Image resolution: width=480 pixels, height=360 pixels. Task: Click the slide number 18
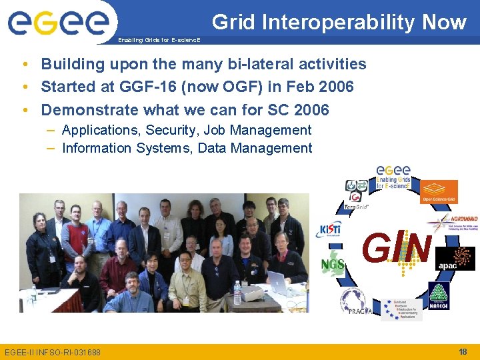(x=463, y=351)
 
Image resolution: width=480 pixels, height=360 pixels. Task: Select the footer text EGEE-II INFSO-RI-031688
(x=53, y=352)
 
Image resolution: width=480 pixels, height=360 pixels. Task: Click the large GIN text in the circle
(x=397, y=248)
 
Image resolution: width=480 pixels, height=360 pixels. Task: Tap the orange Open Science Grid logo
(x=439, y=191)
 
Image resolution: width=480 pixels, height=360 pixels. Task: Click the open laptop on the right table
(x=278, y=283)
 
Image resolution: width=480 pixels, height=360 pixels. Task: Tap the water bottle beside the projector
(x=237, y=292)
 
